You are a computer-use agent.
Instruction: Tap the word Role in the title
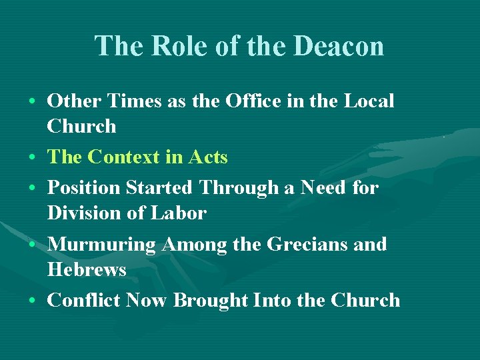(176, 46)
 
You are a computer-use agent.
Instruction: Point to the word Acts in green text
(208, 157)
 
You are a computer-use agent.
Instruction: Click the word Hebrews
(87, 270)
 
